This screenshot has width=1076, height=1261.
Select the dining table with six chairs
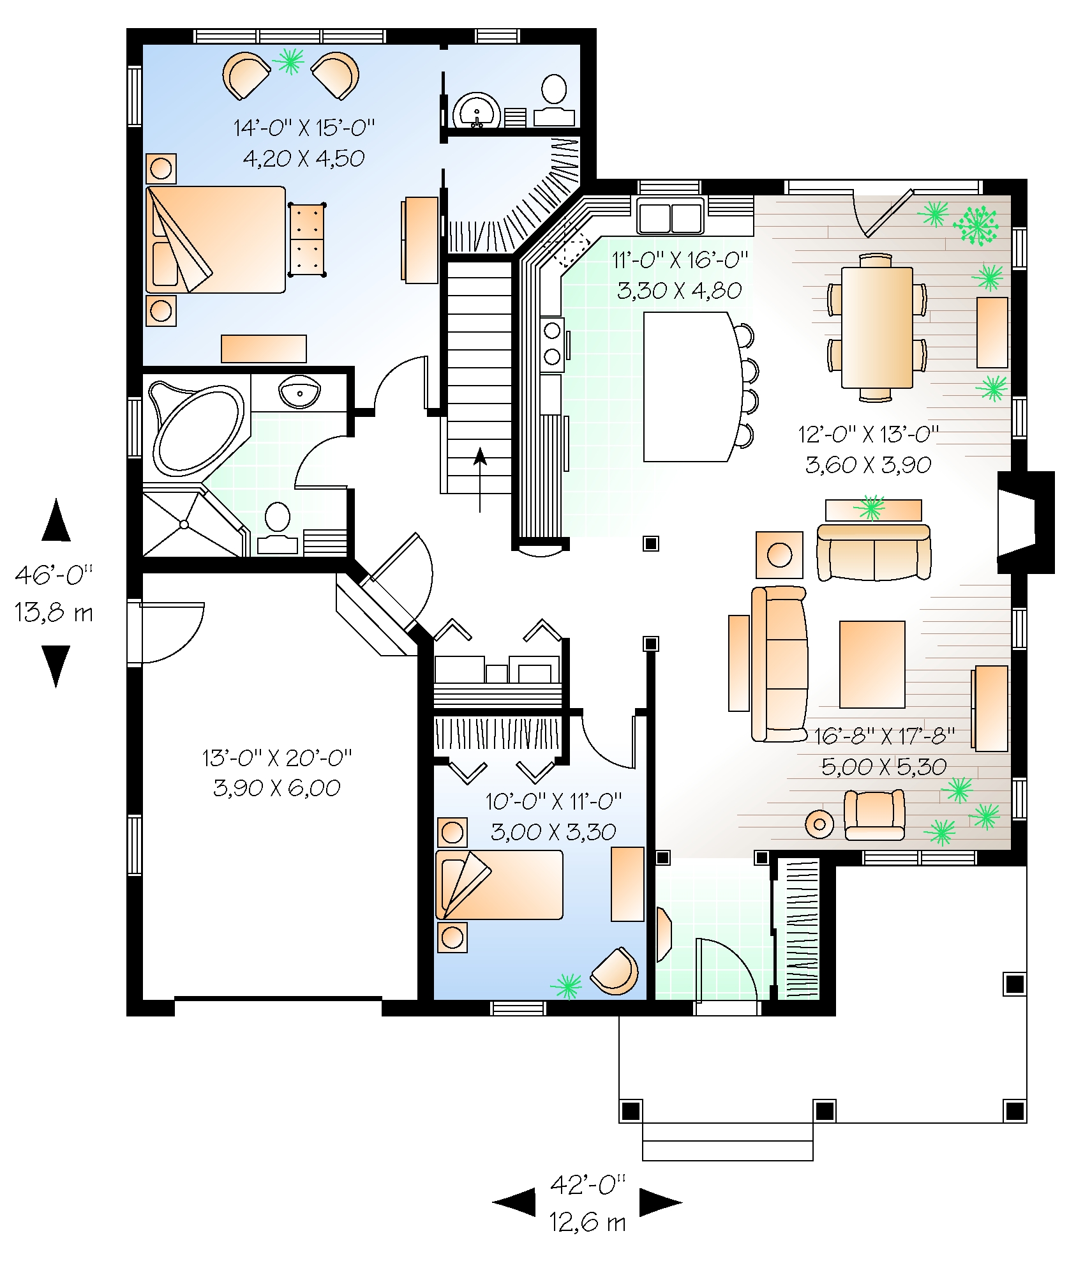876,328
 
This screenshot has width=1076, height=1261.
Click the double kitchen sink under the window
670,216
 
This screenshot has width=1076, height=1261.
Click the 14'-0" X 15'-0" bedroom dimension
304,128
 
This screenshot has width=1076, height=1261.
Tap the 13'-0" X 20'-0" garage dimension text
277,758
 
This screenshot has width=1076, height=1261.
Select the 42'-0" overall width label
587,1185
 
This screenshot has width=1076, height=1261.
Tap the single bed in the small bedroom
499,885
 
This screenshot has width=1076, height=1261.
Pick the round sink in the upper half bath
476,112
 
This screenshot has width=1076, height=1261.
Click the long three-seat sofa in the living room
779,664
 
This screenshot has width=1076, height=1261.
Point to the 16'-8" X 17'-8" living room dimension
883,736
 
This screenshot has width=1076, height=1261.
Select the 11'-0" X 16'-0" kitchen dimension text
679,260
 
